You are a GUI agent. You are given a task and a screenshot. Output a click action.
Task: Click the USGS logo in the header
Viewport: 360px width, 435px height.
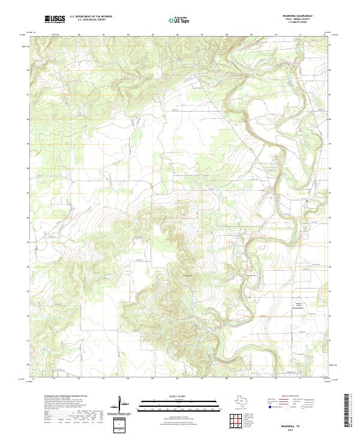coord(55,19)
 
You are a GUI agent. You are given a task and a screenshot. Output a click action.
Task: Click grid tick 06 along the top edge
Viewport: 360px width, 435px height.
coord(178,34)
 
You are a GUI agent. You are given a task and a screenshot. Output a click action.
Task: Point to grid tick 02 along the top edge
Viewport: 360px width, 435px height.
coord(79,34)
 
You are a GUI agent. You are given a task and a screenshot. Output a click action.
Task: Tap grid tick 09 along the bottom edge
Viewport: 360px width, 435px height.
coord(251,379)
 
